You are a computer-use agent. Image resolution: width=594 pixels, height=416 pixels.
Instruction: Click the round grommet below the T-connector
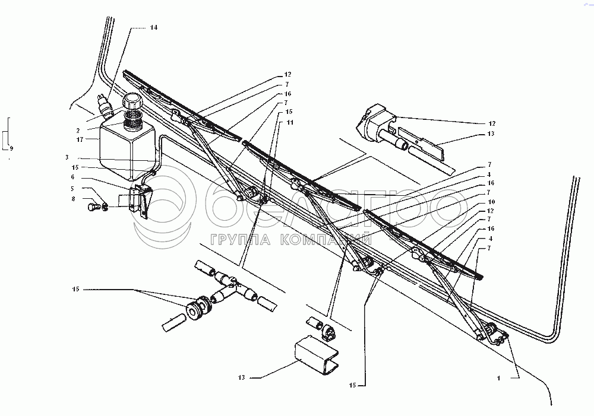[x=195, y=309]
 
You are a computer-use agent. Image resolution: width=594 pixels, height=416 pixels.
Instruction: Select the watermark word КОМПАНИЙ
[x=326, y=240]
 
